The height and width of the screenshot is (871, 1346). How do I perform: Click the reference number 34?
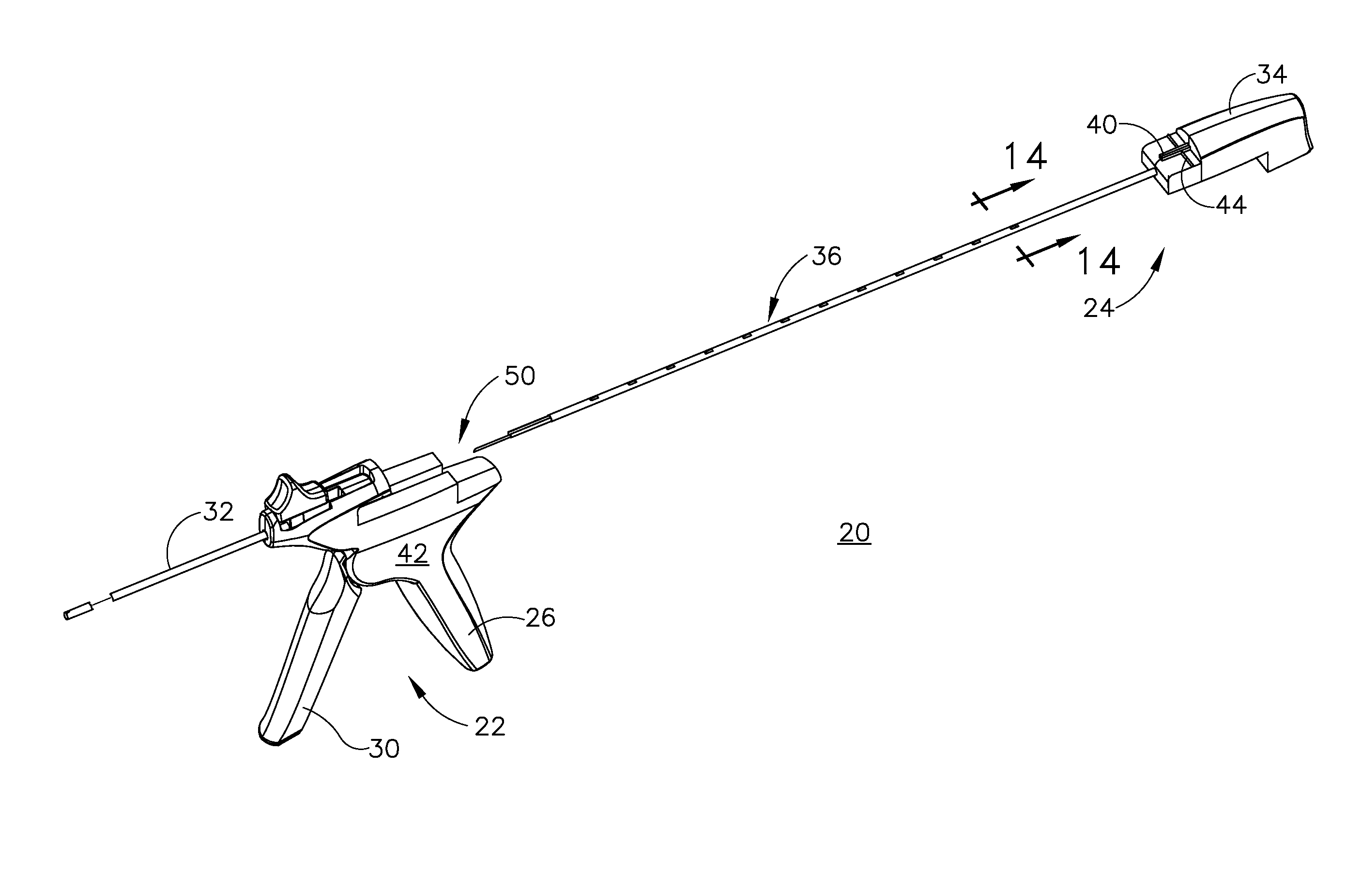(1271, 75)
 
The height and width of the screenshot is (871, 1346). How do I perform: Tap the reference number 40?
(1101, 125)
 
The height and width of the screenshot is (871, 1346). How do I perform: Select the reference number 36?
(826, 256)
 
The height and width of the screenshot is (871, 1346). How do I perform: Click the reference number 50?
(519, 376)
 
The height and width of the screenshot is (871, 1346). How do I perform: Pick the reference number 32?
(218, 512)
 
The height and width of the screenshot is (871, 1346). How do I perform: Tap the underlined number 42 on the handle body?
(413, 555)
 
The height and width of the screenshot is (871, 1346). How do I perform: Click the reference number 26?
(540, 618)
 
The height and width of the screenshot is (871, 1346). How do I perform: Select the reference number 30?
(384, 749)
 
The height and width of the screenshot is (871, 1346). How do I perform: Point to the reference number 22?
(489, 727)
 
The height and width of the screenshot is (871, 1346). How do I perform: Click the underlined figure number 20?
(854, 532)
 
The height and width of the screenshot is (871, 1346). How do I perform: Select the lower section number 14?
(1098, 262)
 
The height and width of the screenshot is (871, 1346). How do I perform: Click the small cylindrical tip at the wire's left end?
(75, 612)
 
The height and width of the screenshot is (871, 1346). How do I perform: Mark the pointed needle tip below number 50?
(477, 450)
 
